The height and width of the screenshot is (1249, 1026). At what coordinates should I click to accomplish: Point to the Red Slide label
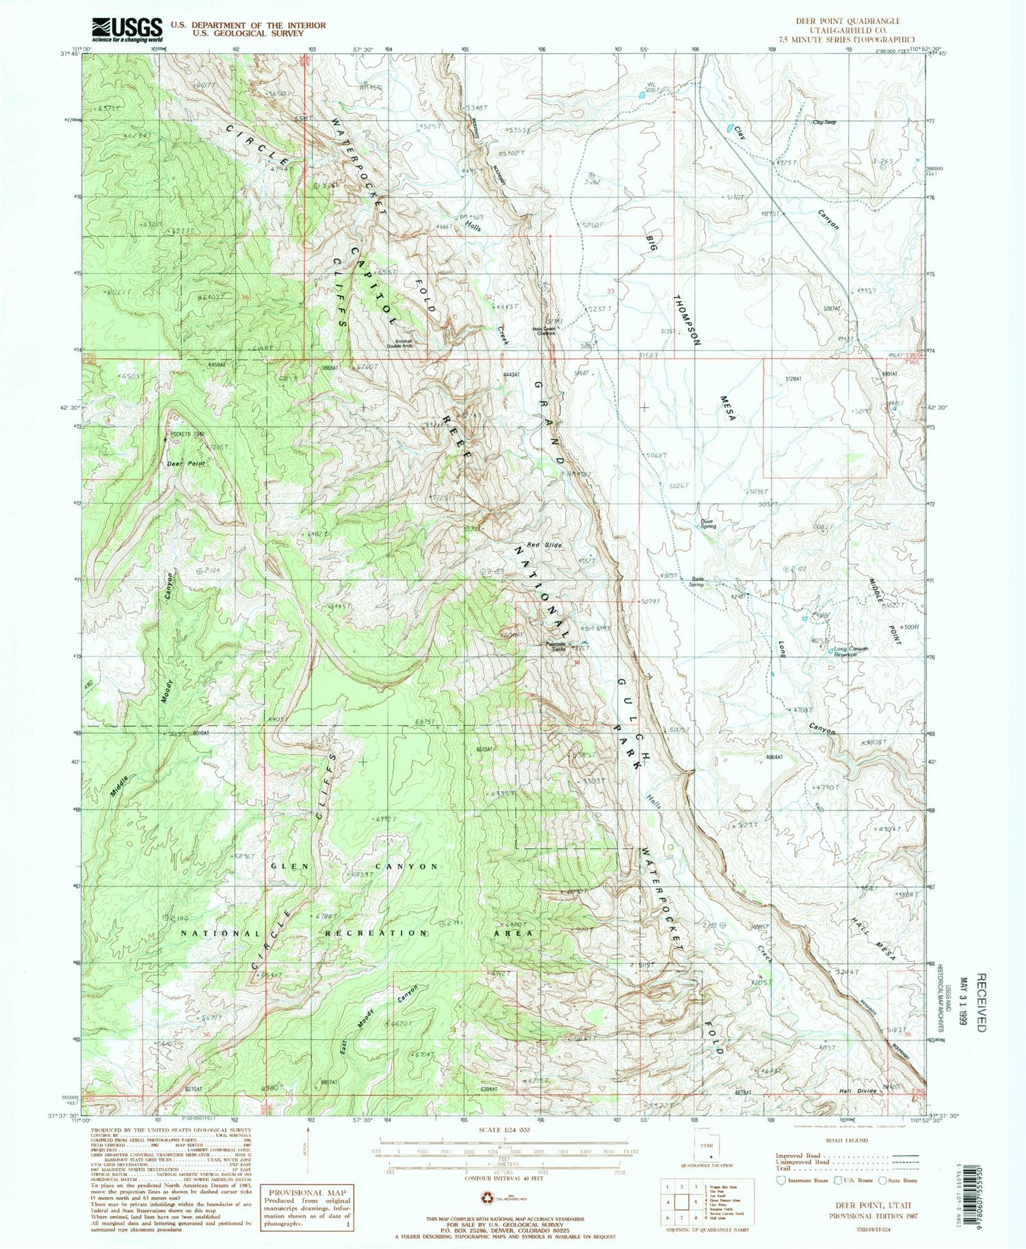(x=544, y=545)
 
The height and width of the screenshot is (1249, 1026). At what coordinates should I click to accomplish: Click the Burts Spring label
(x=697, y=582)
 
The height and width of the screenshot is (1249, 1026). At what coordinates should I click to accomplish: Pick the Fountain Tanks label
(x=555, y=646)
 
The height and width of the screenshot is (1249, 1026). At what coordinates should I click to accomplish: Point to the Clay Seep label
(x=824, y=122)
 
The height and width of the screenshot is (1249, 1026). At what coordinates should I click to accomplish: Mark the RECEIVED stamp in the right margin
(x=982, y=1012)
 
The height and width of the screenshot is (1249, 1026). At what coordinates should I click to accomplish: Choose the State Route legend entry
(x=898, y=1181)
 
